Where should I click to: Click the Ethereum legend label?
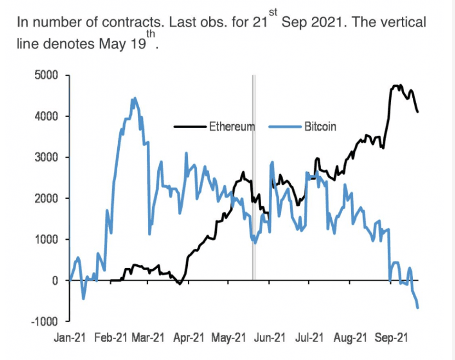click(232, 127)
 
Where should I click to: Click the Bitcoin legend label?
click(320, 127)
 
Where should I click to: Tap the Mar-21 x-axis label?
click(148, 338)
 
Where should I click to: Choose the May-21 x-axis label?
click(228, 338)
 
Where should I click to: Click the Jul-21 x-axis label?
click(308, 338)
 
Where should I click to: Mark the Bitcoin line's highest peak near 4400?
click(134, 99)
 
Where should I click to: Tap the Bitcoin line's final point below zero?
click(418, 307)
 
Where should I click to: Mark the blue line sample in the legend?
click(285, 127)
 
